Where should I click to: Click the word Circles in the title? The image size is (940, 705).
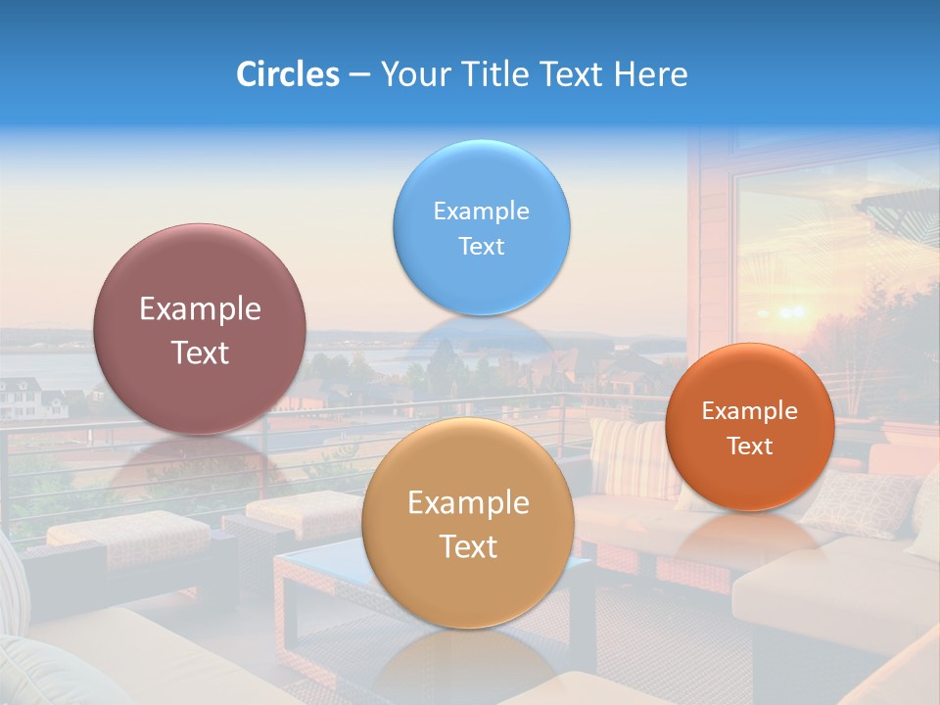[287, 74]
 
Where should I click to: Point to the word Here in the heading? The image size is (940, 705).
[650, 74]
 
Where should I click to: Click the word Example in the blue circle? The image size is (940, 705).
[481, 211]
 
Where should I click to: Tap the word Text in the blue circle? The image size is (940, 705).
[481, 247]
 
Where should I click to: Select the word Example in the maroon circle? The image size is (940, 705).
[200, 309]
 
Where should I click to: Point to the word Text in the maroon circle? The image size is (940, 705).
[200, 352]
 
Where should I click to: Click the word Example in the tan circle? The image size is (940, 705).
[468, 503]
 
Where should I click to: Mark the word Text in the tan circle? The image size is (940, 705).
[468, 546]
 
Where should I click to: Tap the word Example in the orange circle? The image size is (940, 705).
[749, 411]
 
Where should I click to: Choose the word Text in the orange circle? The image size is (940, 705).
[749, 446]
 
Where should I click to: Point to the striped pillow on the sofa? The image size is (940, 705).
[632, 456]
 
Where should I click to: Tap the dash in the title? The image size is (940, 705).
[359, 75]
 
